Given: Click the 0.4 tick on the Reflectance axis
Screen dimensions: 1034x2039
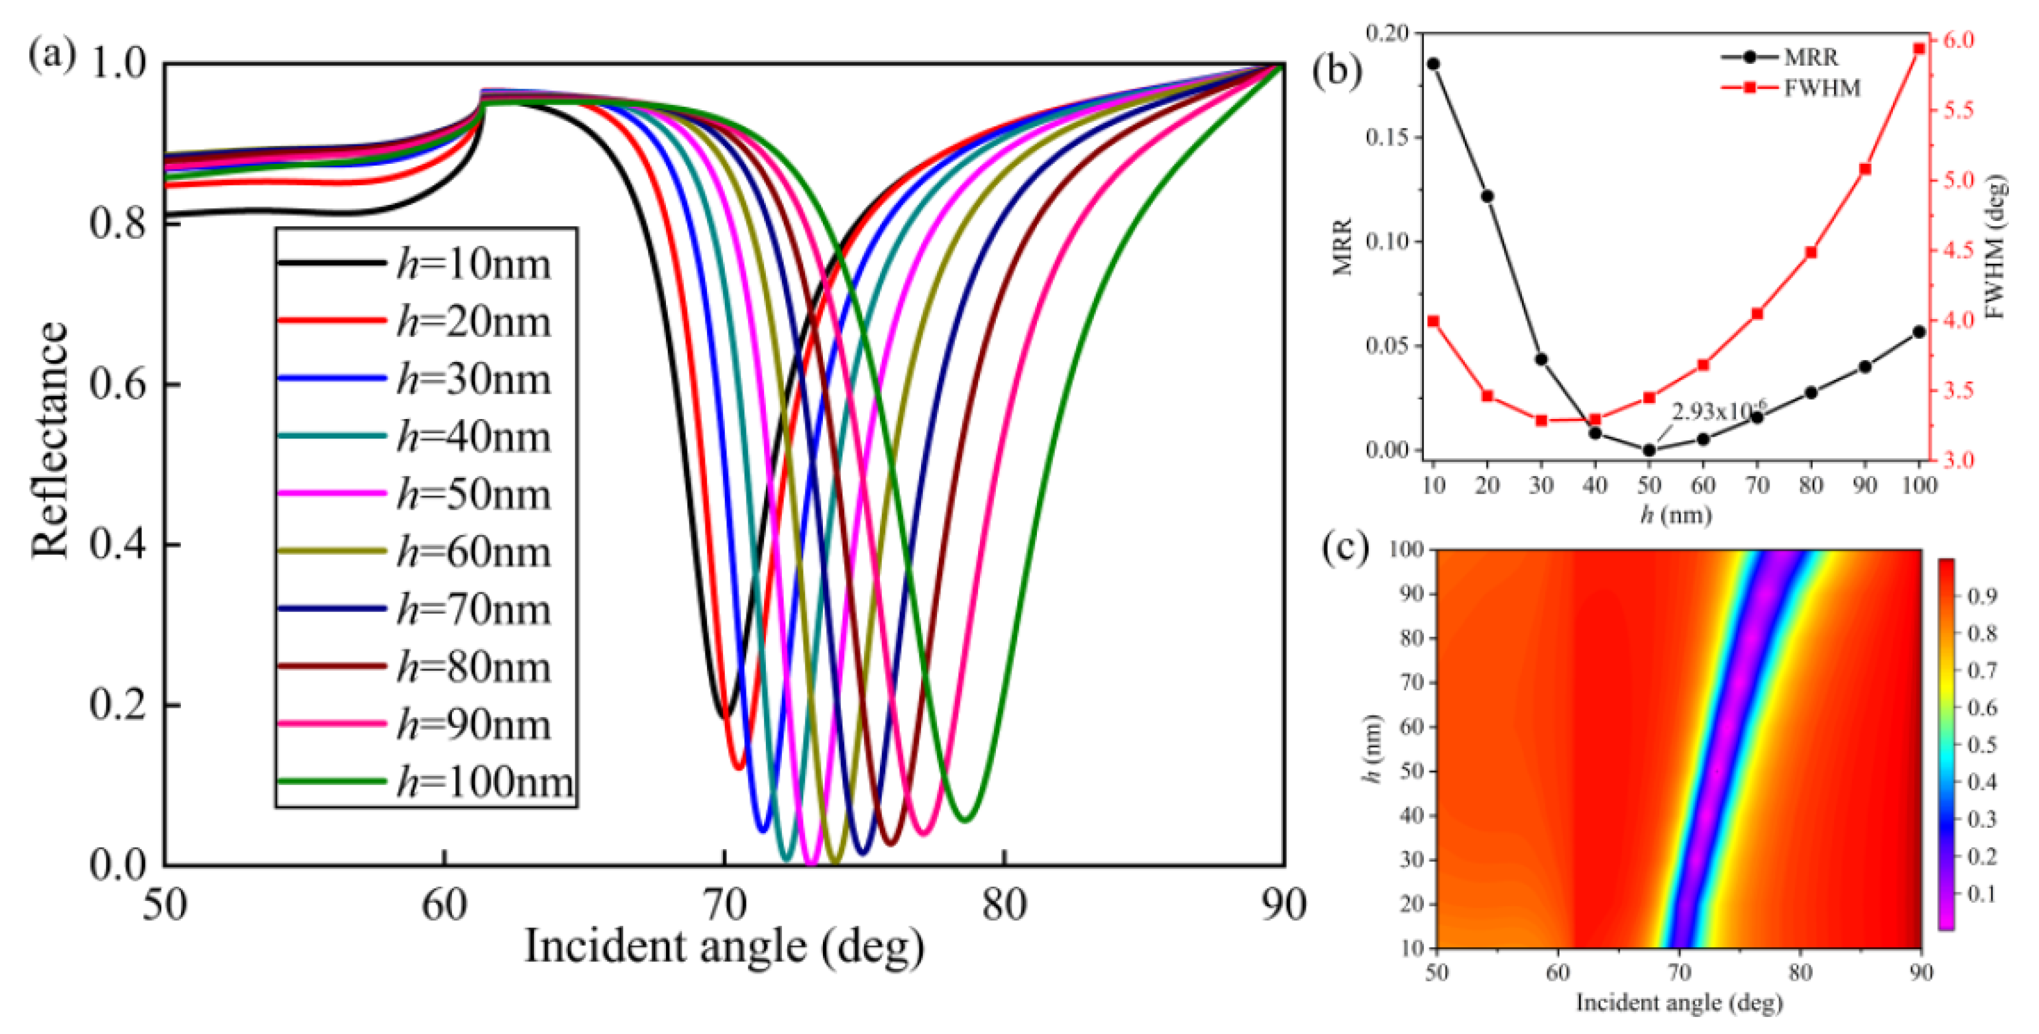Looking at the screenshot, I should [x=118, y=545].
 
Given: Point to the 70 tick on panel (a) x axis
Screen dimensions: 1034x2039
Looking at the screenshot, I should [x=724, y=905].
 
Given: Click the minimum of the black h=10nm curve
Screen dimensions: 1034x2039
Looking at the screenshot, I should [x=724, y=717].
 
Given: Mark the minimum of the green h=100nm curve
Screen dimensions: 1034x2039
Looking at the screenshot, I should [x=966, y=820].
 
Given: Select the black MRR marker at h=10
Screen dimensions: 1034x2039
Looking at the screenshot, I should [x=1434, y=64].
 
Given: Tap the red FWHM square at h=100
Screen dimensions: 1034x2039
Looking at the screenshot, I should [x=1919, y=49].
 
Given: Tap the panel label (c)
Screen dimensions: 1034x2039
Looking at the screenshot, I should [x=1345, y=548].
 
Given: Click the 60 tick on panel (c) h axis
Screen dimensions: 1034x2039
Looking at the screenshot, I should [x=1413, y=726].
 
